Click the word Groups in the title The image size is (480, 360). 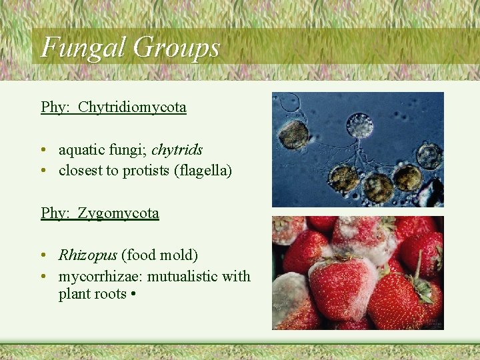(x=176, y=47)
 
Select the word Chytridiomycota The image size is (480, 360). (x=132, y=107)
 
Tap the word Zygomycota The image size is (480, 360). (x=118, y=213)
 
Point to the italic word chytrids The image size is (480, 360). (x=177, y=150)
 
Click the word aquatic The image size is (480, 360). (x=81, y=150)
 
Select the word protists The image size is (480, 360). (x=144, y=171)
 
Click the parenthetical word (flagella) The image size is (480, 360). (x=203, y=171)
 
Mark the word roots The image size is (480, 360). (x=111, y=294)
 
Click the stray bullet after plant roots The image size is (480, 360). (x=134, y=294)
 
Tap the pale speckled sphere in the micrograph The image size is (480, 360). (x=360, y=125)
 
